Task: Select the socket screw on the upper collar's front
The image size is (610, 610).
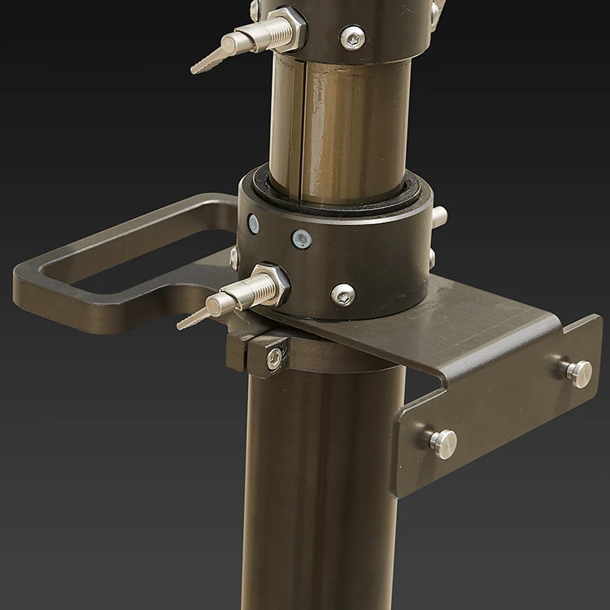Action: coord(352,37)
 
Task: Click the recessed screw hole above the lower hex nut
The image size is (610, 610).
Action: coord(302,239)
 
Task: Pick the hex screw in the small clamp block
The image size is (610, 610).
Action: coord(275,357)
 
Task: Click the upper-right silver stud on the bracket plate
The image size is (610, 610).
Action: coord(578,372)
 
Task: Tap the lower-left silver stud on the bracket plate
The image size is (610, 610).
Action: coord(443,442)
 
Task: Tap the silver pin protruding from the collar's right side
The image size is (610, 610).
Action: coord(438,216)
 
